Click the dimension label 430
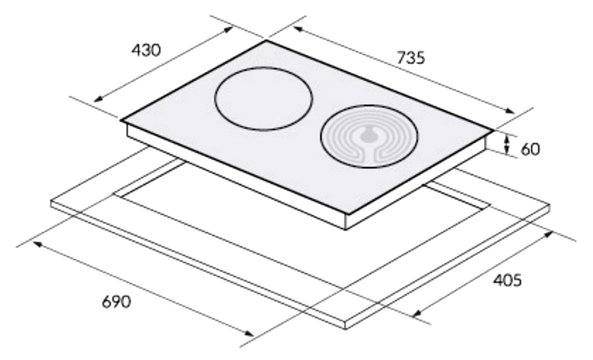pyautogui.click(x=146, y=50)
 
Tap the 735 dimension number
pyautogui.click(x=411, y=58)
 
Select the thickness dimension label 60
pyautogui.click(x=530, y=149)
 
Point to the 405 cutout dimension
pyautogui.click(x=507, y=280)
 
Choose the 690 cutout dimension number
pyautogui.click(x=117, y=301)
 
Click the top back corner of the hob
pyautogui.click(x=266, y=40)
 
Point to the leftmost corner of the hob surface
pyautogui.click(x=121, y=120)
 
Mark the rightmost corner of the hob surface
pyautogui.click(x=493, y=130)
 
